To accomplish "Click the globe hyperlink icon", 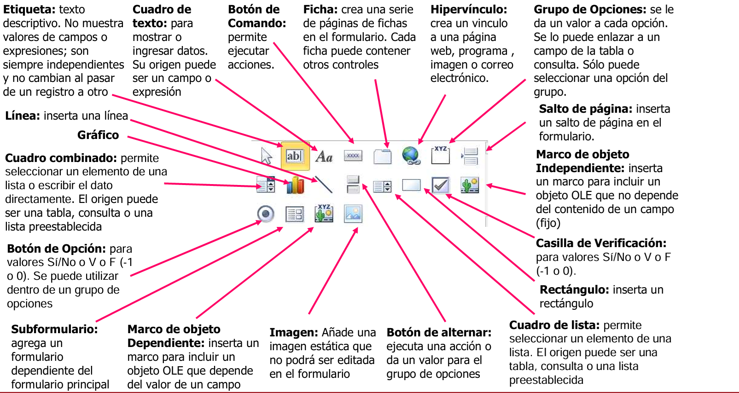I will click(411, 156).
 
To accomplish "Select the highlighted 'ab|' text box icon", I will click(295, 156).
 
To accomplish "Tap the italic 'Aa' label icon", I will click(324, 156).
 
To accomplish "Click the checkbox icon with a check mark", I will click(441, 185).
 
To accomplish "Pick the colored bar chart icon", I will click(295, 185).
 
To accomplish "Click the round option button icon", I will click(266, 214).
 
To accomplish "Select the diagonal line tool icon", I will click(324, 185).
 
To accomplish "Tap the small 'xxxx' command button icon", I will click(353, 156).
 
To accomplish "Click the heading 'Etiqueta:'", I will click(29, 10).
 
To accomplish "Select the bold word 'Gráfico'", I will click(98, 135).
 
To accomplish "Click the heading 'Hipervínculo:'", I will click(468, 10).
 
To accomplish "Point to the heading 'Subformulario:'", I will click(54, 329).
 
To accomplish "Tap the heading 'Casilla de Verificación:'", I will click(601, 243).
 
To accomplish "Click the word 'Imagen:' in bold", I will click(293, 333).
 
